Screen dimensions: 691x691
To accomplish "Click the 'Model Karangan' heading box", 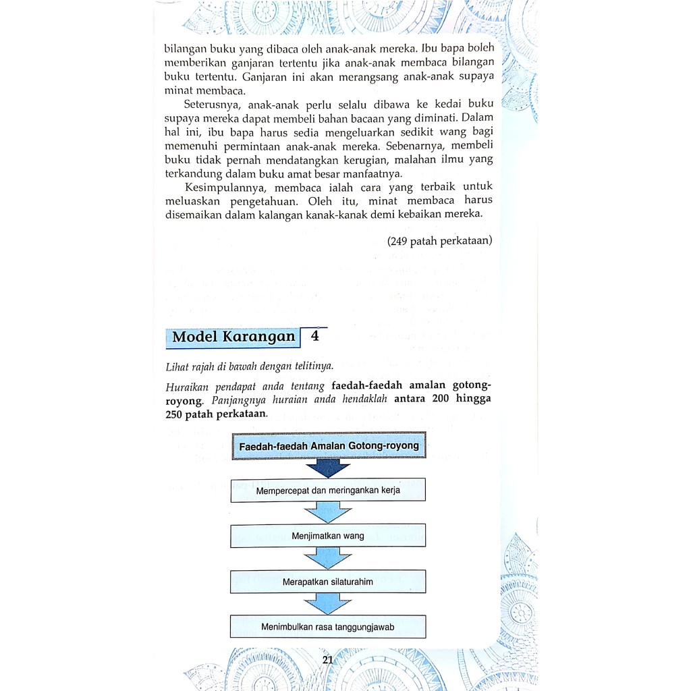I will [x=233, y=337].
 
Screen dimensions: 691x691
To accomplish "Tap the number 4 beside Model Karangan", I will [x=314, y=335].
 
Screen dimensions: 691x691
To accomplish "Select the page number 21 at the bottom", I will [x=328, y=660].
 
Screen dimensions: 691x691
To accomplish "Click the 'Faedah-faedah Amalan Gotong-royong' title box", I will [x=329, y=446].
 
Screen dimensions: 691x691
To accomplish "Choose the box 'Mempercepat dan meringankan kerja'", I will [x=328, y=491].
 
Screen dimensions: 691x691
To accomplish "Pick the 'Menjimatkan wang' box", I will [x=328, y=536].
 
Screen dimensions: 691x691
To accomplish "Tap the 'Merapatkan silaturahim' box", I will [x=328, y=581].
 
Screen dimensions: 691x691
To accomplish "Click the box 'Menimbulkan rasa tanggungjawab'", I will [x=328, y=627].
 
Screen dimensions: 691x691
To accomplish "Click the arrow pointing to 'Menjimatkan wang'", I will [x=328, y=513].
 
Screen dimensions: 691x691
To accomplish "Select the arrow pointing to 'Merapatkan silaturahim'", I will [x=328, y=558].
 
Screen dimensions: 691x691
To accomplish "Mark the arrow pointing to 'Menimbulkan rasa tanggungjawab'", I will [x=328, y=603].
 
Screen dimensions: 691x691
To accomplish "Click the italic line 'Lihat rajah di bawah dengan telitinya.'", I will [x=249, y=367].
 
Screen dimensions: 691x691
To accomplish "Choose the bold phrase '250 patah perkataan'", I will [x=216, y=414].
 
